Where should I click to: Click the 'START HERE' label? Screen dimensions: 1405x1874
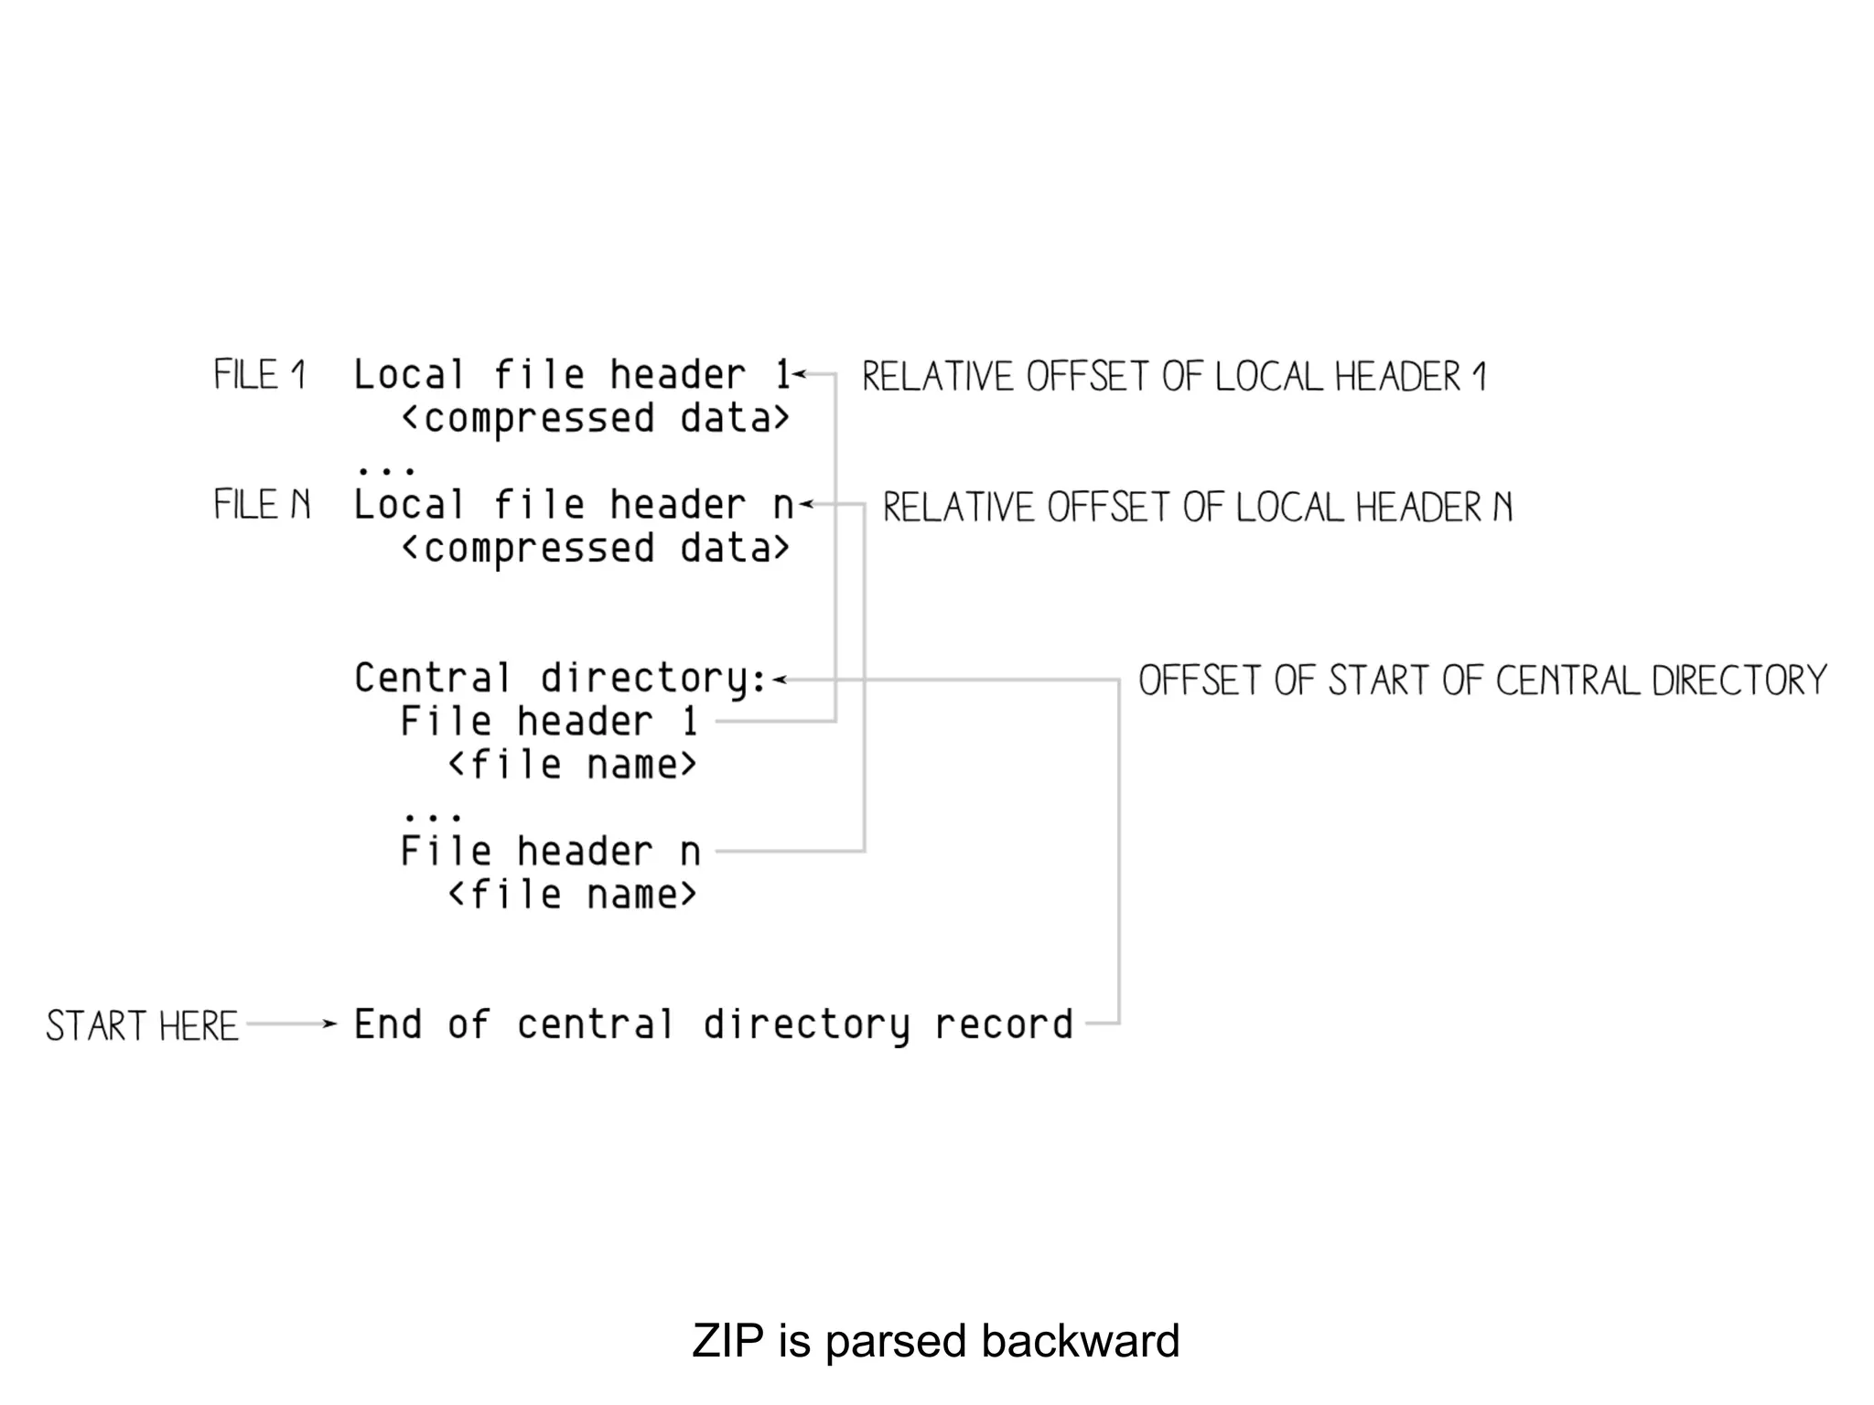[142, 1025]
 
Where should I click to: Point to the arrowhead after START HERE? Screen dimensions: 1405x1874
[331, 1024]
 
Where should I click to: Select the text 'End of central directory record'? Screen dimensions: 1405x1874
[713, 1024]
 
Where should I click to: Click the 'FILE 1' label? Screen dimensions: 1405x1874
[260, 375]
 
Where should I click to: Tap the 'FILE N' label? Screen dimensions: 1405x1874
[262, 505]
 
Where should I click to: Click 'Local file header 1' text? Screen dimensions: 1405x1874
[571, 375]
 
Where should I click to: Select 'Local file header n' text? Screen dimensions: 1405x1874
[573, 505]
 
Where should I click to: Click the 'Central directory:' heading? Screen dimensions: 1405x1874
[560, 679]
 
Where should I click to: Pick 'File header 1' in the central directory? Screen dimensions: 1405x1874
[550, 722]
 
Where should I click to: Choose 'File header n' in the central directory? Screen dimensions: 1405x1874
[550, 852]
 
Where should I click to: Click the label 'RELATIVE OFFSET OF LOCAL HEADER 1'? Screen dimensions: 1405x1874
[1174, 377]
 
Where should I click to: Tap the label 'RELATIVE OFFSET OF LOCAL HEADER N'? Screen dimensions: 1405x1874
[1197, 508]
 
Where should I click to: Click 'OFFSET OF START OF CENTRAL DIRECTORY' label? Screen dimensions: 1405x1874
[1482, 681]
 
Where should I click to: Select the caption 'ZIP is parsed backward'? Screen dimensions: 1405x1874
[935, 1341]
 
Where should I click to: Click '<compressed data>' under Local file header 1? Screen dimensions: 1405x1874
[595, 419]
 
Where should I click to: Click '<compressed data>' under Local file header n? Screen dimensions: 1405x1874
[595, 549]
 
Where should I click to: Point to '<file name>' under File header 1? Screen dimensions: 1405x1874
[572, 765]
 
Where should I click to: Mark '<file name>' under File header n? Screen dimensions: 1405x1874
[572, 895]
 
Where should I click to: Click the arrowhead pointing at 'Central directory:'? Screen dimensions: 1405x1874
[779, 680]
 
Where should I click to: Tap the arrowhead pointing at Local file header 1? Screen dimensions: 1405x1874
[799, 374]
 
